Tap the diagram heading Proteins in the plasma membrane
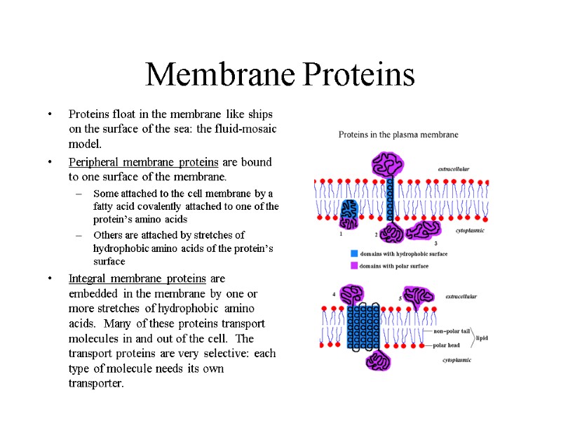point(398,134)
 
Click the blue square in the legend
point(354,253)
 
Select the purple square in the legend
point(354,265)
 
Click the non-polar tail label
point(452,330)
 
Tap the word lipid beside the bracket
point(482,338)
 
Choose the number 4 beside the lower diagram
point(334,294)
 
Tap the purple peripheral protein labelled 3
point(423,231)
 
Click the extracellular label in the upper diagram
point(454,169)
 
